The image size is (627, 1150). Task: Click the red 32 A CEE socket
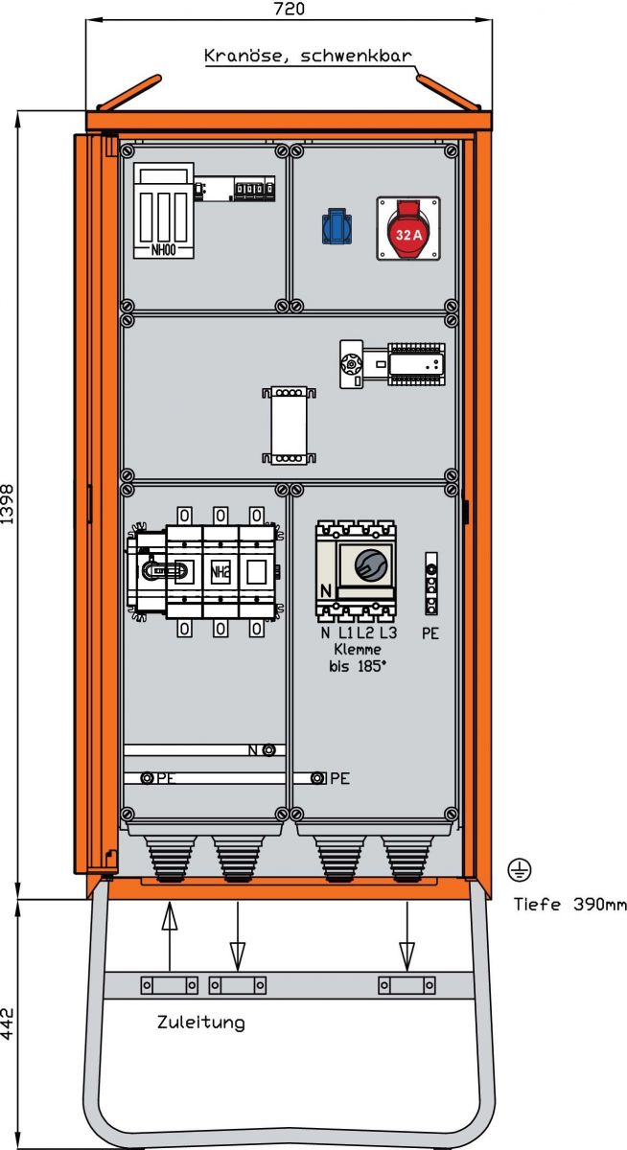pyautogui.click(x=407, y=229)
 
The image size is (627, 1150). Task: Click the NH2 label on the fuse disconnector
pyautogui.click(x=220, y=572)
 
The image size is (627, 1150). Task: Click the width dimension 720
pyautogui.click(x=289, y=10)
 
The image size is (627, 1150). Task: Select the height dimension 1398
pyautogui.click(x=9, y=505)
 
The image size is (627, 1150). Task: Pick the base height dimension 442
pyautogui.click(x=9, y=1024)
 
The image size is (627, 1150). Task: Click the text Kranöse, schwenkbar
pyautogui.click(x=308, y=56)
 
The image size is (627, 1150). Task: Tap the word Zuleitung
pyautogui.click(x=200, y=1023)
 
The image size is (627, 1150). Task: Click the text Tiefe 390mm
pyautogui.click(x=569, y=904)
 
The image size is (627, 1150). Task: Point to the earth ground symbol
pyautogui.click(x=519, y=869)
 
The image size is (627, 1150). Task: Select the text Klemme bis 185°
pyautogui.click(x=357, y=657)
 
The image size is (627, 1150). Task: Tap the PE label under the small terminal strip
pyautogui.click(x=430, y=633)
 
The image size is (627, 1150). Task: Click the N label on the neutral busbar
pyautogui.click(x=253, y=750)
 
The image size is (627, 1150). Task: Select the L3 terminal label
pyautogui.click(x=387, y=632)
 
